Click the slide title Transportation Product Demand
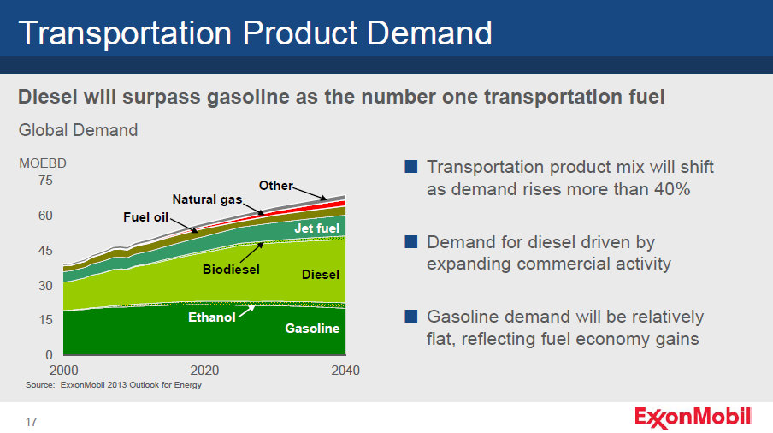coord(255,33)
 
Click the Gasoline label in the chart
coord(312,329)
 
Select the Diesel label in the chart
coord(321,275)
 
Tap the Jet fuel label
coord(317,228)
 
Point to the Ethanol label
coord(211,318)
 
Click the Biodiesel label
coord(230,270)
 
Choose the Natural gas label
coord(207,199)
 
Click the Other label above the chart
coord(275,186)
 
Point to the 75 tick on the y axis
coord(45,181)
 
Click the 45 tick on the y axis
coord(45,251)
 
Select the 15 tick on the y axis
coord(45,320)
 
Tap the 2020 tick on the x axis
coord(204,371)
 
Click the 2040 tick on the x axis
coord(345,371)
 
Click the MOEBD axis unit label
coord(43,163)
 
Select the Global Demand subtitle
coord(78,131)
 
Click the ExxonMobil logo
coord(693,417)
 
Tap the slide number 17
coord(31,422)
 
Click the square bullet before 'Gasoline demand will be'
coord(411,317)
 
